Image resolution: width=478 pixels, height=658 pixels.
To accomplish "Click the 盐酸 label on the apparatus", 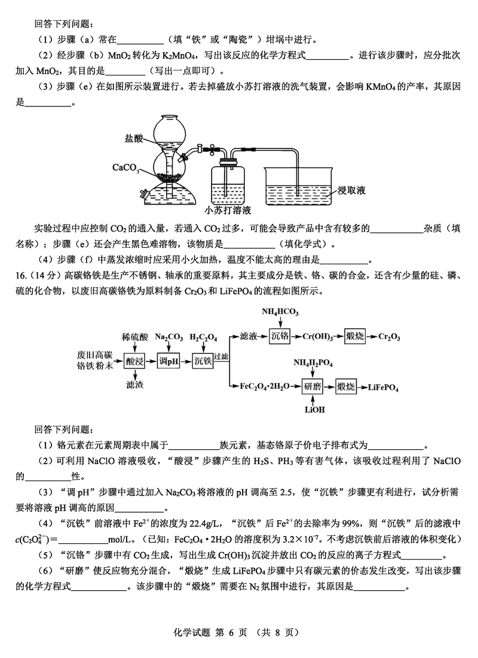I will pos(134,138).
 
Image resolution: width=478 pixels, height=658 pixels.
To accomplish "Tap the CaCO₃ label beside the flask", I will pos(125,167).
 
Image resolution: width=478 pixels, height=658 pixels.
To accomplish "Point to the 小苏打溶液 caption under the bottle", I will pos(228,211).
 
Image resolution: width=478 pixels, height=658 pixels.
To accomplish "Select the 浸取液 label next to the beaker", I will pos(351,190).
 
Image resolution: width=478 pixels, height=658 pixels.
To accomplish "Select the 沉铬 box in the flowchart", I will pos(280,336).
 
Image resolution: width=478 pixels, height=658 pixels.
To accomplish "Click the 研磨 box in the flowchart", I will pos(312,386).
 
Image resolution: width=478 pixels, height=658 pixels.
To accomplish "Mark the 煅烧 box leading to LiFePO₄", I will pos(346,386).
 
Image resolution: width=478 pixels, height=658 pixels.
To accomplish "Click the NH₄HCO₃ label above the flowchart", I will pos(280,312).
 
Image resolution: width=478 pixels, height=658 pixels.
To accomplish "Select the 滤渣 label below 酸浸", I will pos(135,383).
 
